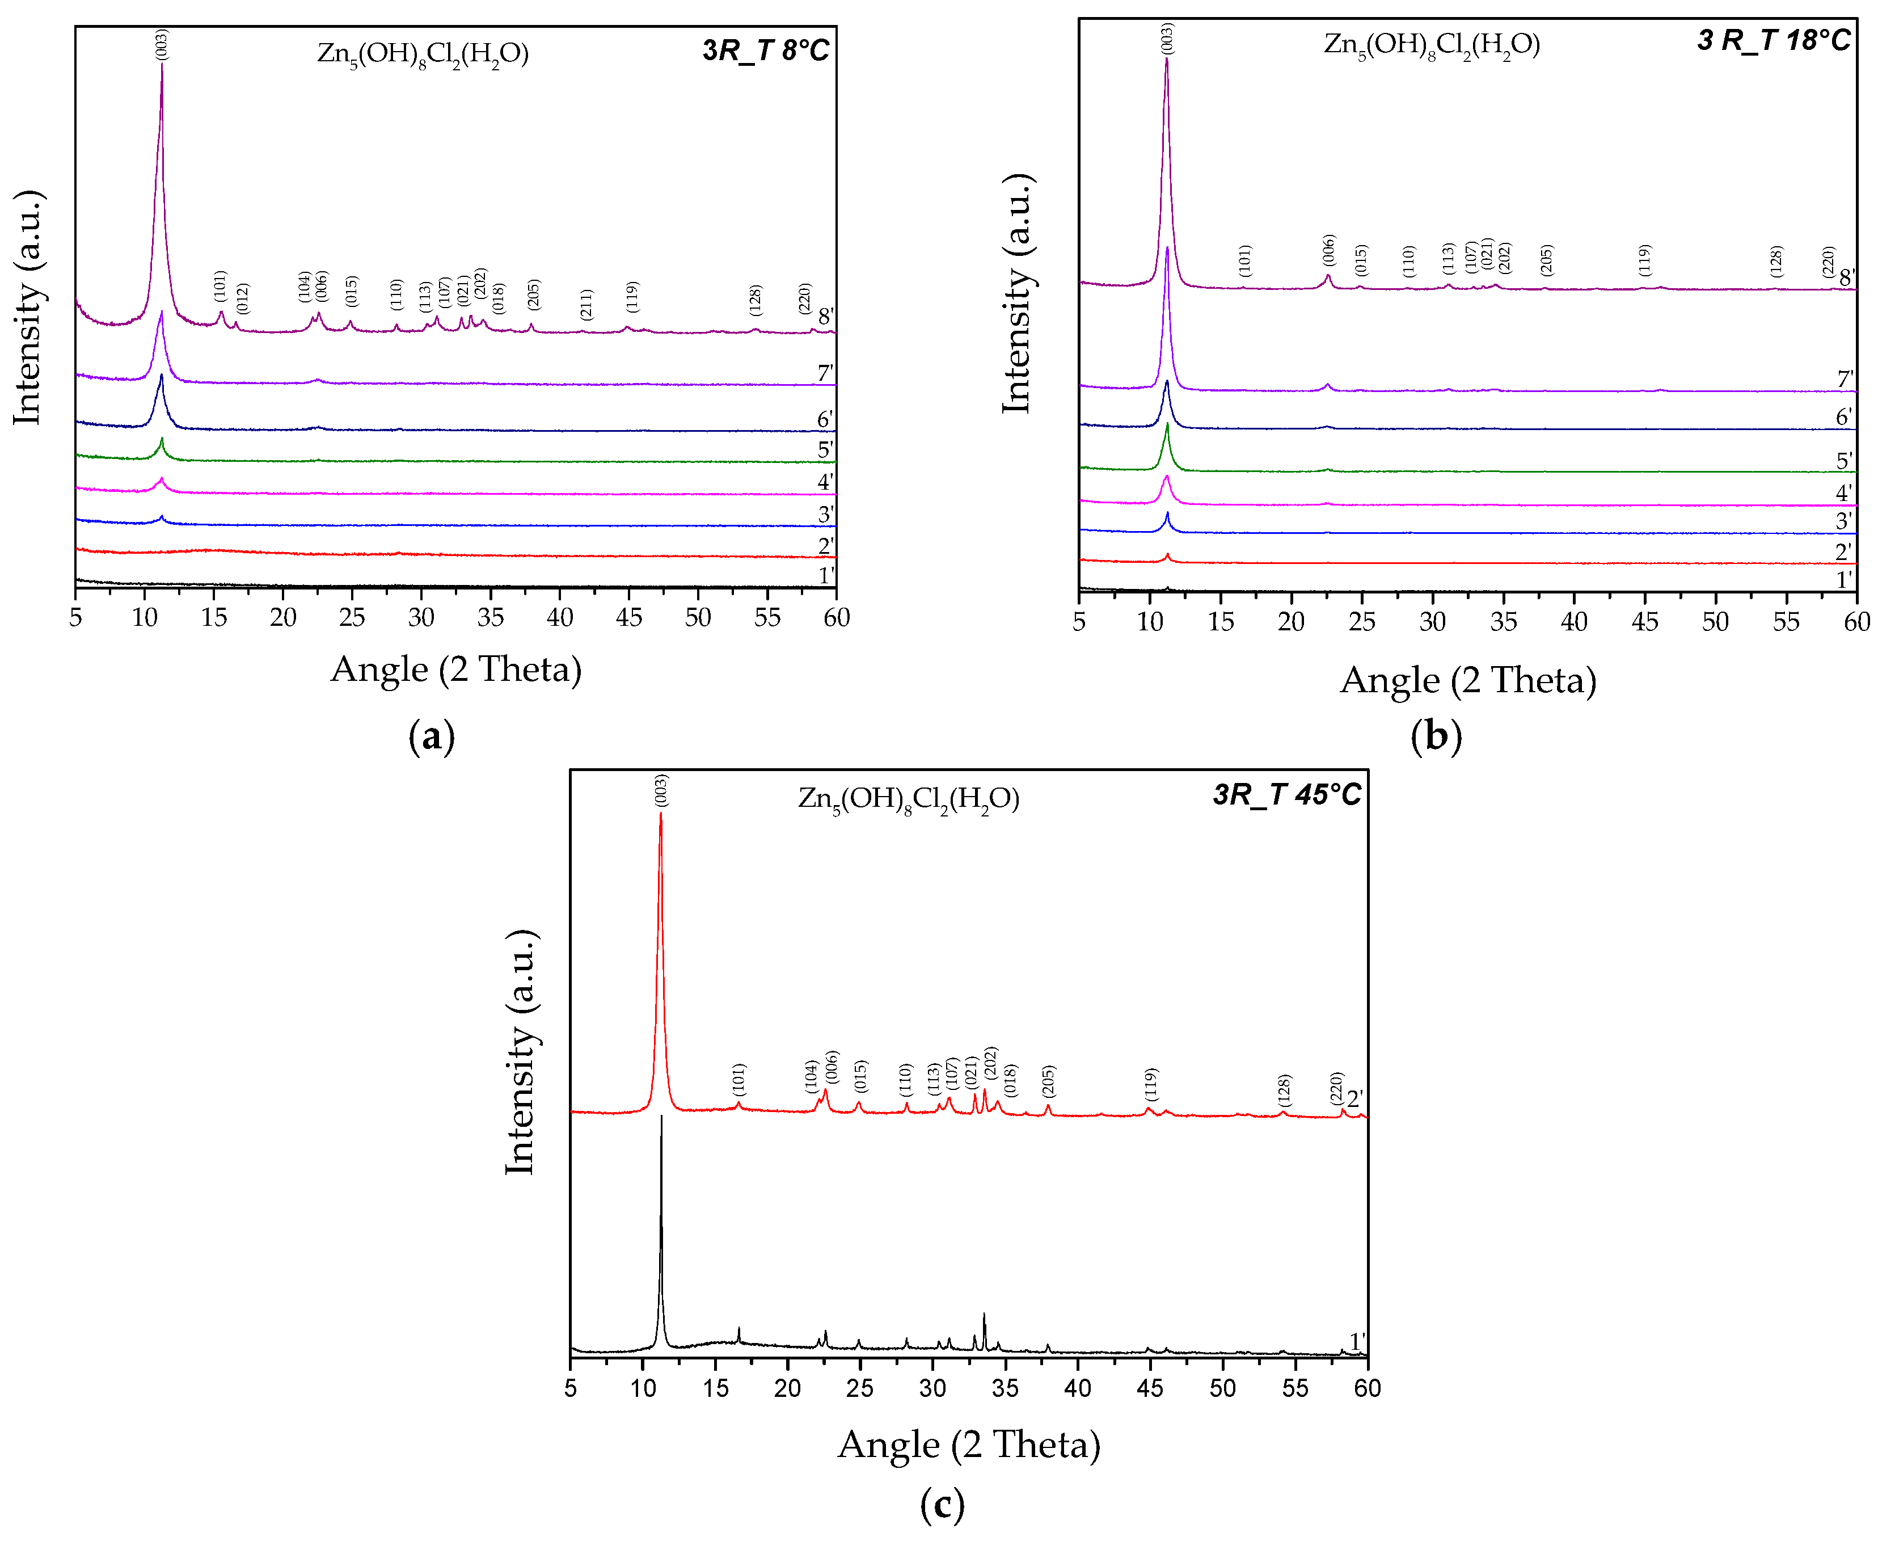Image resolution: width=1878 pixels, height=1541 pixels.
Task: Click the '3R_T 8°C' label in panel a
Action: pyautogui.click(x=765, y=50)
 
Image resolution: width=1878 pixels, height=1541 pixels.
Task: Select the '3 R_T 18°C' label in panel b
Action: pyautogui.click(x=1773, y=40)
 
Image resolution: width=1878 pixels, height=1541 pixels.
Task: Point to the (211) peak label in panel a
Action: pyautogui.click(x=586, y=305)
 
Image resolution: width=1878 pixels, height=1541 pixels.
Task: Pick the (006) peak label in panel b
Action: pyautogui.click(x=1328, y=250)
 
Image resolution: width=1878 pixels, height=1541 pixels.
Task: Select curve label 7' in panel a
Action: pyautogui.click(x=825, y=373)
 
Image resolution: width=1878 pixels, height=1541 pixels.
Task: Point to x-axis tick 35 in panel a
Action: pyautogui.click(x=490, y=618)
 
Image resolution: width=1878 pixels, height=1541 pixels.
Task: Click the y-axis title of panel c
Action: pyautogui.click(x=520, y=1053)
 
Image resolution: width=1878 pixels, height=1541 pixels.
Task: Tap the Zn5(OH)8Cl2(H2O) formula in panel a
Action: pyautogui.click(x=423, y=54)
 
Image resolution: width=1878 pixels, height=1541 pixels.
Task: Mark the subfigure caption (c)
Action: pyautogui.click(x=942, y=1504)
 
